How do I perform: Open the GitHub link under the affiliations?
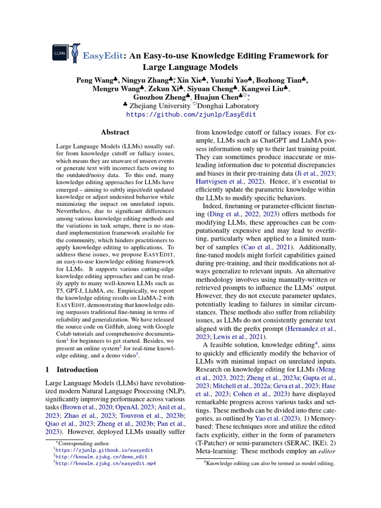(x=191, y=114)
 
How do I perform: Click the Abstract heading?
(x=115, y=132)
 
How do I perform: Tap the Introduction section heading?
(x=77, y=370)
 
